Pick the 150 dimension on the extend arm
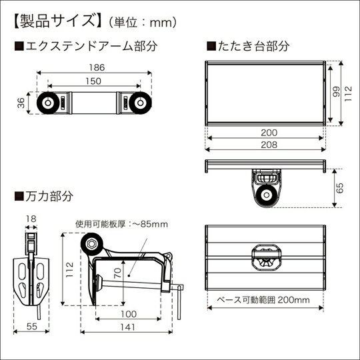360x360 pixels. tap(93, 81)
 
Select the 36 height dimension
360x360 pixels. tap(20, 103)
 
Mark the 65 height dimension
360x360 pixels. tap(339, 189)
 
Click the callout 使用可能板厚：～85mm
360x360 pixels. tap(121, 224)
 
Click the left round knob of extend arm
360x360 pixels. tap(49, 103)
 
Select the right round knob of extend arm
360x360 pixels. tap(139, 103)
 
